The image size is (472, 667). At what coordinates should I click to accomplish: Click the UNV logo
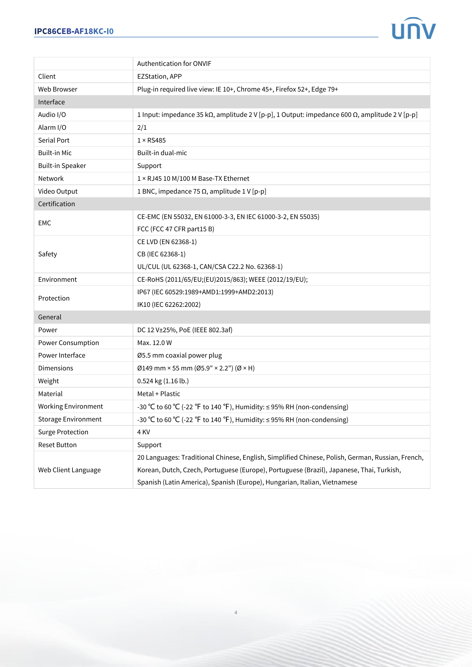[x=413, y=29]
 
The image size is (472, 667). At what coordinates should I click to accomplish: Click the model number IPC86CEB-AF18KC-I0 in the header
[x=74, y=31]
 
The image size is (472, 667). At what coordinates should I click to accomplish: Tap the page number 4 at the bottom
[x=236, y=612]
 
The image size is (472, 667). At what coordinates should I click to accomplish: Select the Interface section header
[x=51, y=102]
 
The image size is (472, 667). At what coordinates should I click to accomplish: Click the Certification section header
[x=57, y=204]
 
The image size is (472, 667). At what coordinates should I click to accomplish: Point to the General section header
[x=50, y=317]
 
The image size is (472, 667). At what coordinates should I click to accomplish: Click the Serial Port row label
[x=54, y=140]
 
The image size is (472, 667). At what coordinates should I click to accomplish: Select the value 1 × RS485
[x=152, y=140]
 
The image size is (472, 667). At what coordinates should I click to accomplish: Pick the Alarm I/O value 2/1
[x=142, y=127]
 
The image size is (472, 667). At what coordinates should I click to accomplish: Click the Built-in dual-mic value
[x=162, y=153]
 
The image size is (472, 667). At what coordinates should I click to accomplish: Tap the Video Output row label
[x=58, y=191]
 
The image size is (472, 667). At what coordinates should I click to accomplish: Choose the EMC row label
[x=45, y=223]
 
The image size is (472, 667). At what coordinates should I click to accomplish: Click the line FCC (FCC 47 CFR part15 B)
[x=176, y=229]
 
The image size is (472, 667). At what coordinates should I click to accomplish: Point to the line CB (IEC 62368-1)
[x=161, y=254]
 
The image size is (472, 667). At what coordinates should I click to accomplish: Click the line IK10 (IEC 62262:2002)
[x=169, y=305]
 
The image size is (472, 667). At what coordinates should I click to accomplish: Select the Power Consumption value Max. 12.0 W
[x=154, y=343]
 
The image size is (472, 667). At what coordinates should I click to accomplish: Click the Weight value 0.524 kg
[x=163, y=381]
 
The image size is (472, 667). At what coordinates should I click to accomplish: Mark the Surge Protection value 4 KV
[x=144, y=432]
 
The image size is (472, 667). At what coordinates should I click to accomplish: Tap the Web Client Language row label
[x=69, y=470]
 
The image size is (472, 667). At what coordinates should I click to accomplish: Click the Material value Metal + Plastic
[x=159, y=394]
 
